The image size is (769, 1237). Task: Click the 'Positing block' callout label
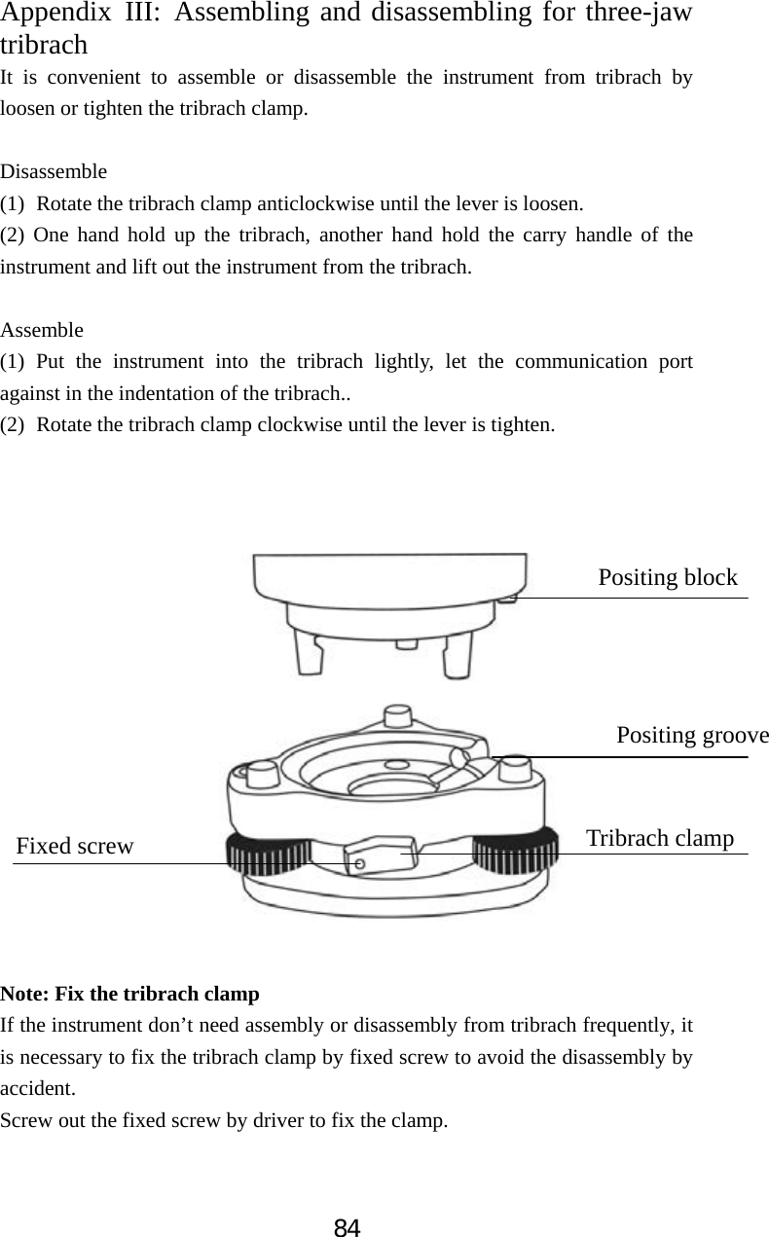point(668,578)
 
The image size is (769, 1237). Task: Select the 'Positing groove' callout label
point(692,735)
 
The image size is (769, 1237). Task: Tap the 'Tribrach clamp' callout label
point(660,838)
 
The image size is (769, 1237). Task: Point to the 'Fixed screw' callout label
point(75,846)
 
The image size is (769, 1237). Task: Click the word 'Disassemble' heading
point(55,171)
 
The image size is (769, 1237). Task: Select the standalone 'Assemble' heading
point(42,329)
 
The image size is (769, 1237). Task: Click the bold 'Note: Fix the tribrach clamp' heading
point(130,994)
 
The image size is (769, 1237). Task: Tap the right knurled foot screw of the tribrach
point(517,850)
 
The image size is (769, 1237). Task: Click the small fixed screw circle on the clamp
point(359,863)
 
